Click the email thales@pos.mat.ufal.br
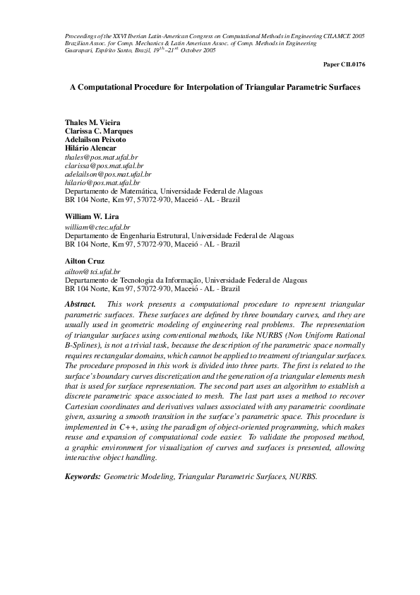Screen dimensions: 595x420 click(101, 157)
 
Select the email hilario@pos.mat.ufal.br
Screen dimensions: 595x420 click(102, 182)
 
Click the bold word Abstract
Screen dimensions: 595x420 click(80, 302)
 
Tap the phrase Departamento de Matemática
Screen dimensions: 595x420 click(109, 191)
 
